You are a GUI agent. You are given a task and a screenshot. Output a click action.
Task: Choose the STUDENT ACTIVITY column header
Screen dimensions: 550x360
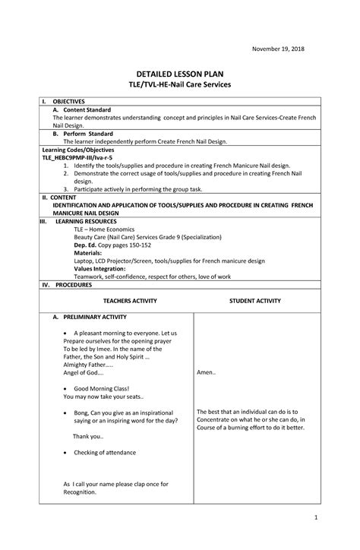(255, 301)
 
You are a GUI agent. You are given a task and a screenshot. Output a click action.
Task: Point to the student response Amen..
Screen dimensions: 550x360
(207, 373)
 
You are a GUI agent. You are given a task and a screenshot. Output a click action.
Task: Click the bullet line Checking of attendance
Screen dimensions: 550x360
(105, 452)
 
